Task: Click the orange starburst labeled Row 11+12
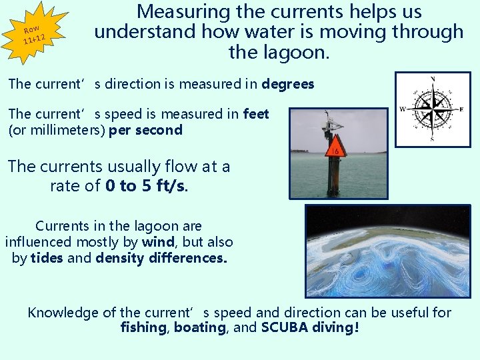point(33,33)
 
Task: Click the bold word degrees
point(288,85)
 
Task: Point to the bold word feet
point(257,114)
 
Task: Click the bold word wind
point(158,242)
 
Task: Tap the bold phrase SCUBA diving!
point(310,328)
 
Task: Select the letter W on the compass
point(403,109)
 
